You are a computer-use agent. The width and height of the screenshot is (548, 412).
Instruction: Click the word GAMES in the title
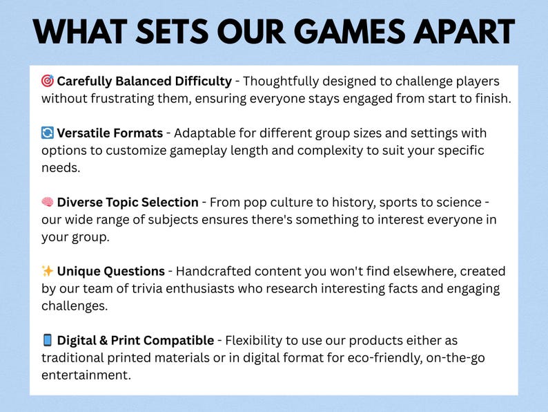tap(352, 32)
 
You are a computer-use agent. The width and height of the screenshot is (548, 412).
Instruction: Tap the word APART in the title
tap(464, 32)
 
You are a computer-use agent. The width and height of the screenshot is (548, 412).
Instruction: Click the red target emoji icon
tap(48, 81)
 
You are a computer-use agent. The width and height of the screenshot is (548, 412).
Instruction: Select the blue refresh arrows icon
tap(48, 133)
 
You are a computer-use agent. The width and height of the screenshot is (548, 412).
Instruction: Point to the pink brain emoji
tap(48, 202)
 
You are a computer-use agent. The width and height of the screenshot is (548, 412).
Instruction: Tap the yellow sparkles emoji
tap(48, 271)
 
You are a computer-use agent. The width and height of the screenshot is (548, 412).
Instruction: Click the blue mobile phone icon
tap(47, 340)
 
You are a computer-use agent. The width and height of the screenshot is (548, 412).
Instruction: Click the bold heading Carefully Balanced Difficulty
tap(144, 81)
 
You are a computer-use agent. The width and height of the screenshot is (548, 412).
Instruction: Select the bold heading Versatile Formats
tap(110, 133)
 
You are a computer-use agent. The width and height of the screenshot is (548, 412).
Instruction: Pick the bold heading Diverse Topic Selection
tap(128, 203)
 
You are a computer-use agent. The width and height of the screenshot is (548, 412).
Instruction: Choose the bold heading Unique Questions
tap(111, 271)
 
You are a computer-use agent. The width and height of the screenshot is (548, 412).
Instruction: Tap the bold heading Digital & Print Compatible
tap(135, 340)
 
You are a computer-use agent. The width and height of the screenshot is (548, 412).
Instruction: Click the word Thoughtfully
tap(281, 81)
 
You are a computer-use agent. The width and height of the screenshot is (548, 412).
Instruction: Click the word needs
tap(61, 168)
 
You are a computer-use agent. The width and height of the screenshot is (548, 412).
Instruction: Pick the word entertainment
tap(86, 375)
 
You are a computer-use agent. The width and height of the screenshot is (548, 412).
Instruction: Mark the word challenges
tap(75, 306)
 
